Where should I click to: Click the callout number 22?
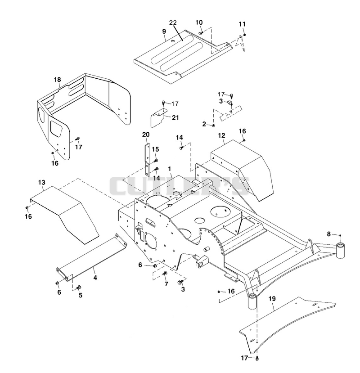tap(173, 22)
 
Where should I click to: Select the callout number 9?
tap(164, 31)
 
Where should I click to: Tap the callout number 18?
tap(57, 80)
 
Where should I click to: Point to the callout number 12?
tap(221, 135)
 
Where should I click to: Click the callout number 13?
tap(41, 183)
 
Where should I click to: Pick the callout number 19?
tap(272, 299)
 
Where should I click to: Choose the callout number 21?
tap(175, 117)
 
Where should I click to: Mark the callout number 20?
tap(146, 135)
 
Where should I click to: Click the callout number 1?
tap(170, 169)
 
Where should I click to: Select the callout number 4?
tap(95, 278)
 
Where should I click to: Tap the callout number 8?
tap(329, 234)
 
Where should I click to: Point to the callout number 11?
tap(242, 24)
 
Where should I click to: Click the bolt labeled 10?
tap(201, 32)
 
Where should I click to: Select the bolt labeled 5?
tap(78, 288)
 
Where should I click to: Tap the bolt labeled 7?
tap(165, 274)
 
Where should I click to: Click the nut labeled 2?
tap(213, 126)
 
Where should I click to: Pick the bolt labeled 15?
tap(156, 160)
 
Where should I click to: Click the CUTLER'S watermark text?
tap(179, 186)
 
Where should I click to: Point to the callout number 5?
tap(81, 295)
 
